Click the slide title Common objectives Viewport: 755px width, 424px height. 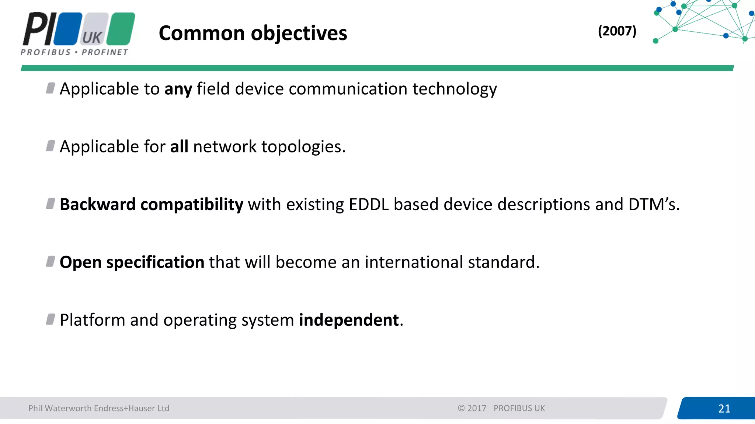tap(253, 33)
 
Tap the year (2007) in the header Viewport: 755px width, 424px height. tap(617, 31)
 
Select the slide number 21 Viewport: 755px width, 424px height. tap(724, 409)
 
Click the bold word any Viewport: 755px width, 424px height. tap(178, 89)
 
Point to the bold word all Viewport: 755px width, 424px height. tap(179, 147)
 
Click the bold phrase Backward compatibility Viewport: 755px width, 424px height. tap(151, 205)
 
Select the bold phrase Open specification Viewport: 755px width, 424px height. tap(132, 262)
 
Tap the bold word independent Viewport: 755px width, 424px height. tap(349, 320)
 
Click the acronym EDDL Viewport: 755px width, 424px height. tap(369, 205)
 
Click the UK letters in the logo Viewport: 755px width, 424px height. tap(92, 38)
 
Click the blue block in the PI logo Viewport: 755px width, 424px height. tap(68, 29)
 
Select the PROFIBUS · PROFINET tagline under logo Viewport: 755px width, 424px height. tap(74, 52)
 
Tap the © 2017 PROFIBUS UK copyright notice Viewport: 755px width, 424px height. tap(501, 408)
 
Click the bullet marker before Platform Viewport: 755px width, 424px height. tap(51, 319)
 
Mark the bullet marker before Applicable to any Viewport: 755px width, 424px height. tap(51, 88)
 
